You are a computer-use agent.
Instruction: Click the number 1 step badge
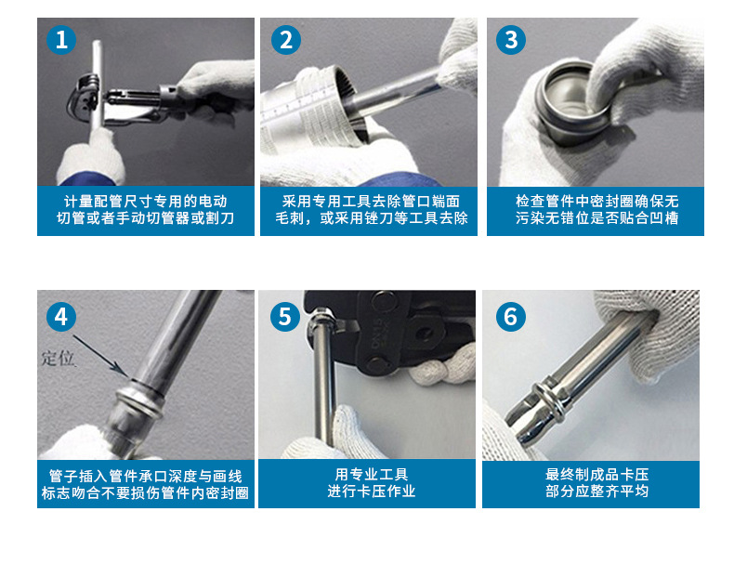coord(61,40)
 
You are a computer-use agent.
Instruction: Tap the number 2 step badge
coord(285,40)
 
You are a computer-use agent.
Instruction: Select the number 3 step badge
coord(511,40)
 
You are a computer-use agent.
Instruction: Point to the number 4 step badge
coord(61,317)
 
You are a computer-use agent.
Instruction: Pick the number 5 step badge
coord(285,317)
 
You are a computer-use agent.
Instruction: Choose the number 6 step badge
coord(511,317)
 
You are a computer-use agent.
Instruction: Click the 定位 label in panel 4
coord(58,358)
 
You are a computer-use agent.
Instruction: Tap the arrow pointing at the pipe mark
coord(99,354)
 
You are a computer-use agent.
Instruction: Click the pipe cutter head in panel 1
coord(84,99)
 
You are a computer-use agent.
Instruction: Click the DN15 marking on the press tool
coord(377,333)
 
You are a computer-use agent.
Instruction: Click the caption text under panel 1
coord(146,210)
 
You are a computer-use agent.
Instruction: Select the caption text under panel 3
coord(596,210)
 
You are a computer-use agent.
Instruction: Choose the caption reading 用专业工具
coord(372,475)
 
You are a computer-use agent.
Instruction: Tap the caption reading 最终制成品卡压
coord(596,475)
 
